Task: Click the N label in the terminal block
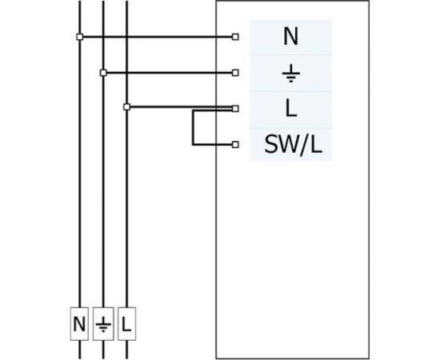[x=290, y=37]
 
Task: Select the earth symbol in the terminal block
[x=290, y=73]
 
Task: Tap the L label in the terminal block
[x=290, y=109]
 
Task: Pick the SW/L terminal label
[x=290, y=146]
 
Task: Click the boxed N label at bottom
[x=79, y=326]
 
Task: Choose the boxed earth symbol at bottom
[x=102, y=326]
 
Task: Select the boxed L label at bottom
[x=127, y=326]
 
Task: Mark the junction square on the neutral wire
[x=78, y=37]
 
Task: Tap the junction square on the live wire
[x=126, y=106]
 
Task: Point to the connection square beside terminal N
[x=234, y=37]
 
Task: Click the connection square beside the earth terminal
[x=234, y=73]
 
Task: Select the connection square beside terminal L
[x=234, y=108]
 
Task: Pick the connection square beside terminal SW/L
[x=234, y=146]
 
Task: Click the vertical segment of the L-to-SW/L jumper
[x=193, y=128]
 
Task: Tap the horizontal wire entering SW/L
[x=212, y=146]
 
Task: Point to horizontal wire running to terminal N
[x=160, y=37]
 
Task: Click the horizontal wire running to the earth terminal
[x=168, y=73]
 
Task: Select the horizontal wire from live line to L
[x=160, y=106]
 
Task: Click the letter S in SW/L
[x=270, y=146]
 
